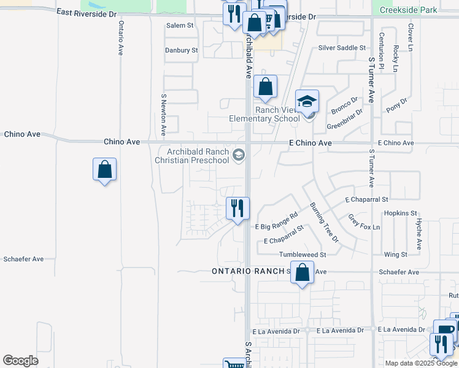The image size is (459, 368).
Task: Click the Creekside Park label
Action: click(x=408, y=10)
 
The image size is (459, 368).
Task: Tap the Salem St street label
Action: click(x=180, y=26)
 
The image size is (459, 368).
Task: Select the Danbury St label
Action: click(x=181, y=50)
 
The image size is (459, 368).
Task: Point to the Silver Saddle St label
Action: click(x=342, y=48)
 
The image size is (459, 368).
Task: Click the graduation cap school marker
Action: click(x=307, y=101)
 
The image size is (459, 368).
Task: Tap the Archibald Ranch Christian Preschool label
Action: click(x=191, y=156)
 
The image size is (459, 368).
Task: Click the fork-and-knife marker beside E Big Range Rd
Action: click(x=237, y=209)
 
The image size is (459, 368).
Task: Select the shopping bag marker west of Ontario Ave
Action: click(x=105, y=170)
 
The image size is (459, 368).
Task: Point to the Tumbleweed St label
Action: click(x=302, y=255)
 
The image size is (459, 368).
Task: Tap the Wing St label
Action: click(x=395, y=255)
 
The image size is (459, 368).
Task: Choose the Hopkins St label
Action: click(x=400, y=213)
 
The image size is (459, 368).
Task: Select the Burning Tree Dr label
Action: click(x=323, y=221)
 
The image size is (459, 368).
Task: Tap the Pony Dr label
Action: click(x=396, y=105)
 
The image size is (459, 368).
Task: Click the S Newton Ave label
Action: click(x=164, y=115)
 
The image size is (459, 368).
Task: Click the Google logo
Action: click(x=20, y=361)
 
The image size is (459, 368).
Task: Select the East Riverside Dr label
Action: click(x=86, y=13)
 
